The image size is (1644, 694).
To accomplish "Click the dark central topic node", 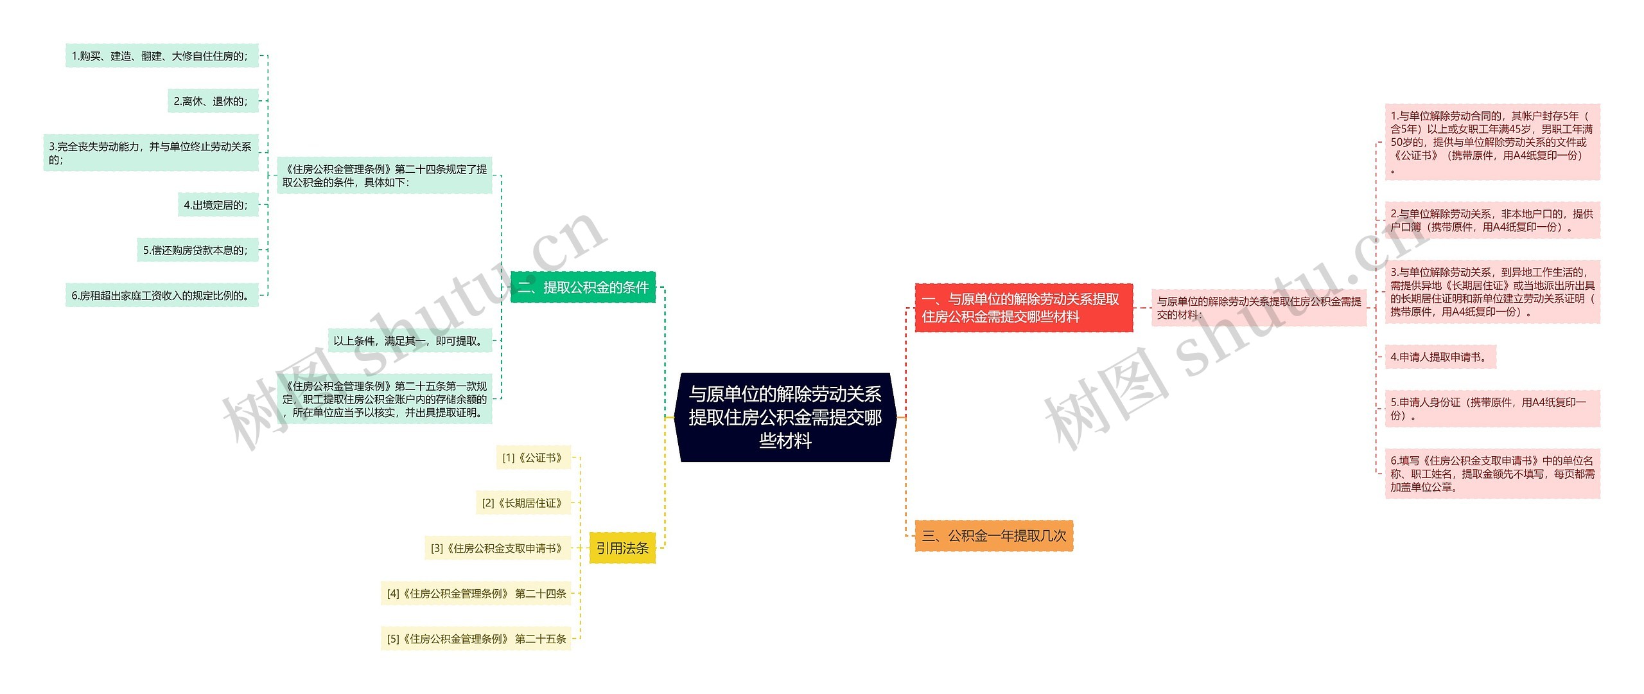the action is (785, 417).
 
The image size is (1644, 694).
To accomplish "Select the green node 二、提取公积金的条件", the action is (583, 287).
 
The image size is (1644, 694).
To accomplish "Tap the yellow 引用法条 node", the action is (622, 548).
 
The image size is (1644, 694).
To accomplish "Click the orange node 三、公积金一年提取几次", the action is (993, 536).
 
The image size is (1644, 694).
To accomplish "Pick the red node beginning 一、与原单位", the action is (1023, 308).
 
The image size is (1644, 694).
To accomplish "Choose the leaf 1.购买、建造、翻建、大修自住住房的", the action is (161, 56).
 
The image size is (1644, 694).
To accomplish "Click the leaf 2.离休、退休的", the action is (213, 101).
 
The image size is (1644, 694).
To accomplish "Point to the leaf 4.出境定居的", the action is (217, 205).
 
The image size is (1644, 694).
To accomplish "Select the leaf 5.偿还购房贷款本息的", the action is (197, 250).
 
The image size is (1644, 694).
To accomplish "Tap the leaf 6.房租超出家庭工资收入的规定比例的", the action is (161, 296).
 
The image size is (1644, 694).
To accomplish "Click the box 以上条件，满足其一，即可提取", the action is (410, 341).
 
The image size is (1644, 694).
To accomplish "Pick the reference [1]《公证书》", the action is (533, 458).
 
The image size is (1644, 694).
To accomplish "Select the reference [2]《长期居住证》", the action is (523, 503).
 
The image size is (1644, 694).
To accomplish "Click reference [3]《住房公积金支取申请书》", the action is (497, 548).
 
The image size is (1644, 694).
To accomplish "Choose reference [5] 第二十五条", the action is (476, 639).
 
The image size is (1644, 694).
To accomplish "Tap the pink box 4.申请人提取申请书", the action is (1440, 357).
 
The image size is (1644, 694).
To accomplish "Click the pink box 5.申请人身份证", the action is (1491, 409).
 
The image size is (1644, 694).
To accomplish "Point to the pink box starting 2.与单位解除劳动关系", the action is (1491, 220).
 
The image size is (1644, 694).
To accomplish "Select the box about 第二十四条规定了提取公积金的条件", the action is (384, 175).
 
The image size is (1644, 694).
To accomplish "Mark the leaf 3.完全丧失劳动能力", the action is (151, 153).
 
